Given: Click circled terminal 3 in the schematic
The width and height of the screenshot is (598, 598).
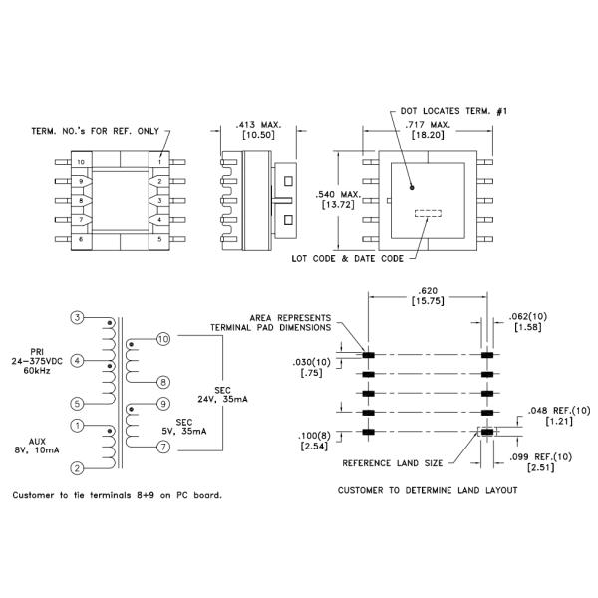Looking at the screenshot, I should (78, 317).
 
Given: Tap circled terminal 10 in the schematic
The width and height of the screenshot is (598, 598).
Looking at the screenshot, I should (164, 340).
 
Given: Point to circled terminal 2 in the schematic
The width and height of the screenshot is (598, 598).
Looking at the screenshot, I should (78, 466).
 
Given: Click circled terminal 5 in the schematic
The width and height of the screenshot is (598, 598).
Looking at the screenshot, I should (78, 404).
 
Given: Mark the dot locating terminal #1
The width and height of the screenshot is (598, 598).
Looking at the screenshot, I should (411, 185).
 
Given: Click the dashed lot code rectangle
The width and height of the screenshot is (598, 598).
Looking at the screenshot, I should (427, 212).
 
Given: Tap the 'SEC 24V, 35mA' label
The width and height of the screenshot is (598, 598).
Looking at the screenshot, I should (234, 395).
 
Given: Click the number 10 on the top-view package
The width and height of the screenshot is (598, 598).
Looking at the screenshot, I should (81, 161).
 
